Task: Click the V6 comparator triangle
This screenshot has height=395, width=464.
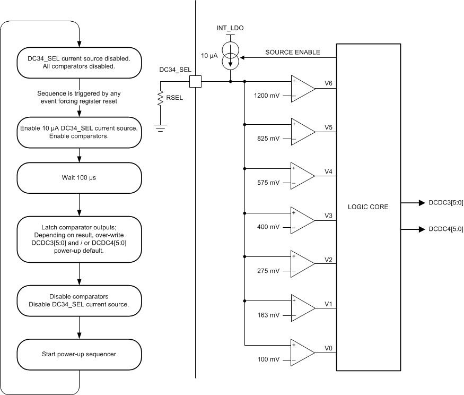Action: pos(302,89)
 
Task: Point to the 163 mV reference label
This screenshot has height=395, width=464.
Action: pos(268,315)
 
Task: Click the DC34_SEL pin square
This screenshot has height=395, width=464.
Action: pos(195,81)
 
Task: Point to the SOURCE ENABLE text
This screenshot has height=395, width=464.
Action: pos(293,51)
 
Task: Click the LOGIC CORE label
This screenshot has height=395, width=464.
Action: pos(367,207)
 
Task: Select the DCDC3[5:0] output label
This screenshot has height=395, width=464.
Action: pos(441,202)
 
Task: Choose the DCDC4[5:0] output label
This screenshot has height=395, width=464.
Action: pos(441,229)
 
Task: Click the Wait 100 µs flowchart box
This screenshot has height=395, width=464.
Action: pos(80,178)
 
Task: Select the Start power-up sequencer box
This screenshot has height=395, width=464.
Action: pos(80,354)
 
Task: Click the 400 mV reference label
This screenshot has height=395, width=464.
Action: pos(268,227)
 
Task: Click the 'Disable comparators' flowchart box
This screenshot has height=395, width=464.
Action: pos(80,300)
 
